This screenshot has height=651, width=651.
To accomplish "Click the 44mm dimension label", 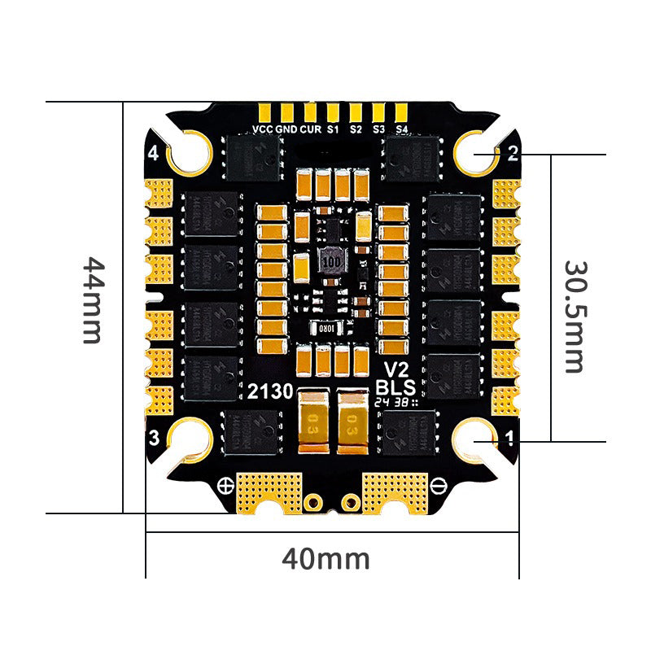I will point(93,301).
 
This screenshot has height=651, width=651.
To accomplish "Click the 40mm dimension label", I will point(325,559).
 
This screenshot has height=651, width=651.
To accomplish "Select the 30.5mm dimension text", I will point(575,317).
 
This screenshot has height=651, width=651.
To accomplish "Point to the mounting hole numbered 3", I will point(192,439).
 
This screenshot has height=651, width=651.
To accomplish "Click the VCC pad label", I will point(262,129).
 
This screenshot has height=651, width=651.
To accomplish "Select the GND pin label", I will point(286,129).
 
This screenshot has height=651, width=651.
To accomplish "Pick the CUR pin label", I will point(309,129).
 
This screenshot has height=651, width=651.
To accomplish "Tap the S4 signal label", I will point(401,129).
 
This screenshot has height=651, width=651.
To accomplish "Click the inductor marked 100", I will point(330,262).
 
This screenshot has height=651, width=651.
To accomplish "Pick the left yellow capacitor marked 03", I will point(312,421).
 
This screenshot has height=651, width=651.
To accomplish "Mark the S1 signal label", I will point(332,129).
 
